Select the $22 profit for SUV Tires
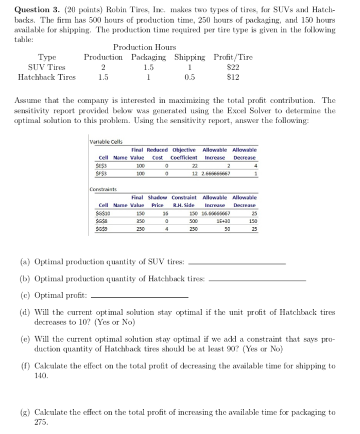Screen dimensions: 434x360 tap(233, 67)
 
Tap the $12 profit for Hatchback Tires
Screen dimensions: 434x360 tap(233, 77)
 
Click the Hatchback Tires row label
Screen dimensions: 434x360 tap(47, 77)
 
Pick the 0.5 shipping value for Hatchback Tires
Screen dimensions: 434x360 tap(190, 77)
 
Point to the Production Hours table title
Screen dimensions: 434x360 tap(145, 47)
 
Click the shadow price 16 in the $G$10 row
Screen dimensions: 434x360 tap(165, 213)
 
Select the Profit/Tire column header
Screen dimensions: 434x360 tap(233, 57)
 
